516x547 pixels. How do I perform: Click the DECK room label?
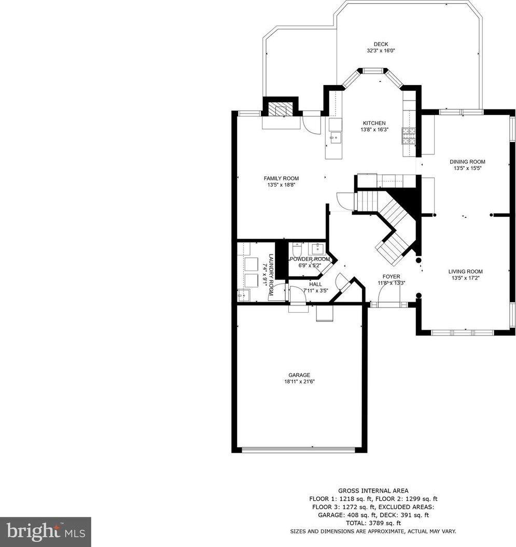pos(381,44)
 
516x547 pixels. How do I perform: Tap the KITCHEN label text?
pos(374,123)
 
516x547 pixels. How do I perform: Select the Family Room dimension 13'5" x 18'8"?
pos(281,185)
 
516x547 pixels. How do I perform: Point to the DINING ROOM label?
pos(467,162)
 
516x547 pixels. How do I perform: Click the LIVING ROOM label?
pos(465,272)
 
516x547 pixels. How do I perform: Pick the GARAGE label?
pos(299,375)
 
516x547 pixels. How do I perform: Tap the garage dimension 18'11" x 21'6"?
pos(299,382)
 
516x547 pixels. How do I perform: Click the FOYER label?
pos(391,277)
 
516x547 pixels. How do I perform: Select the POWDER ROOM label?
pos(310,259)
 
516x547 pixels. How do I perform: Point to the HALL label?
pos(315,284)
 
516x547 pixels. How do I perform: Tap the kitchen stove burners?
pos(409,136)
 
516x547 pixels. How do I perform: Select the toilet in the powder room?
pos(297,249)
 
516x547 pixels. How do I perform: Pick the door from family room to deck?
pos(312,122)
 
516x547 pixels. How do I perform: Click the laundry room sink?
pos(244,295)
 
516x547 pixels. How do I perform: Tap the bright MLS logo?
pos(45,531)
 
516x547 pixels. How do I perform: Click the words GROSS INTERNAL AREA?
pos(373,491)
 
